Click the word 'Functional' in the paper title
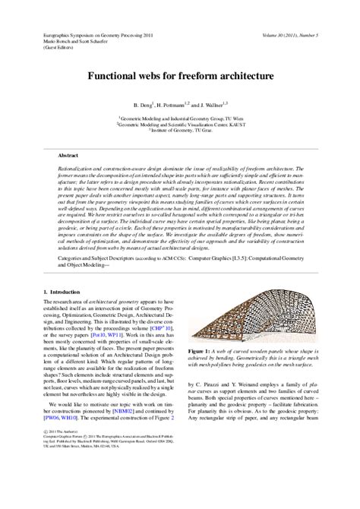coord(120,77)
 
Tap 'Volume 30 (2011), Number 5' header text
coord(292,35)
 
